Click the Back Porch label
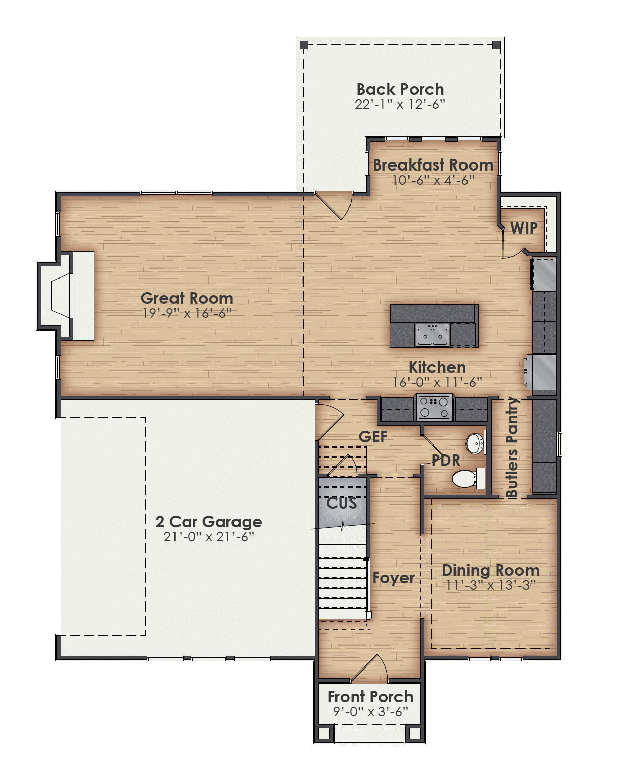[400, 89]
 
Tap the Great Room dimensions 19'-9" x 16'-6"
[187, 313]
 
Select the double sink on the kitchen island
[432, 336]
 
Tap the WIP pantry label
[523, 228]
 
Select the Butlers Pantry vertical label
[512, 448]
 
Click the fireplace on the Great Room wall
[63, 296]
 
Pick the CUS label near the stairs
[341, 503]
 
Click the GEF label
[373, 437]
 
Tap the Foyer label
[393, 578]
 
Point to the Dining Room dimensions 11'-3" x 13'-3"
[490, 585]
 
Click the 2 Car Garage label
[208, 521]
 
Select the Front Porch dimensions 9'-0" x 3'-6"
[370, 712]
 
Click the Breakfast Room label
[433, 165]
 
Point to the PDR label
[446, 460]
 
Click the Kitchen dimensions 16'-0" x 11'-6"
[437, 382]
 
